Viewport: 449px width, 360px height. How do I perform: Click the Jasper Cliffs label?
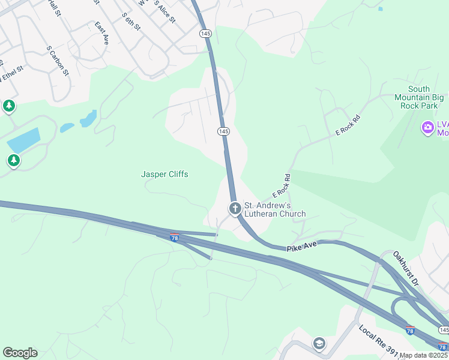coord(164,174)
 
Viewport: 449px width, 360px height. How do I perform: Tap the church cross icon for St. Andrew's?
coord(235,209)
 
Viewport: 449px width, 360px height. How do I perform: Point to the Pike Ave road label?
coord(301,247)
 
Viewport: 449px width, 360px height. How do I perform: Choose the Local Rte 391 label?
coord(379,340)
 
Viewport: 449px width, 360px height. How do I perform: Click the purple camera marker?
coord(427,127)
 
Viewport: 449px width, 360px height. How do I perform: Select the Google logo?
coord(20,353)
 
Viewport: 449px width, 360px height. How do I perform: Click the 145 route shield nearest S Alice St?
coord(206,34)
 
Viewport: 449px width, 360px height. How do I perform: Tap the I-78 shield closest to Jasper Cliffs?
coord(174,238)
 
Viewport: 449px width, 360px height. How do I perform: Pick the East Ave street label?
coord(101,33)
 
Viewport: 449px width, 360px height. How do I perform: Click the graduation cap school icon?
coord(319,343)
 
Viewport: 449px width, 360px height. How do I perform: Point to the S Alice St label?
coord(165,11)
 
